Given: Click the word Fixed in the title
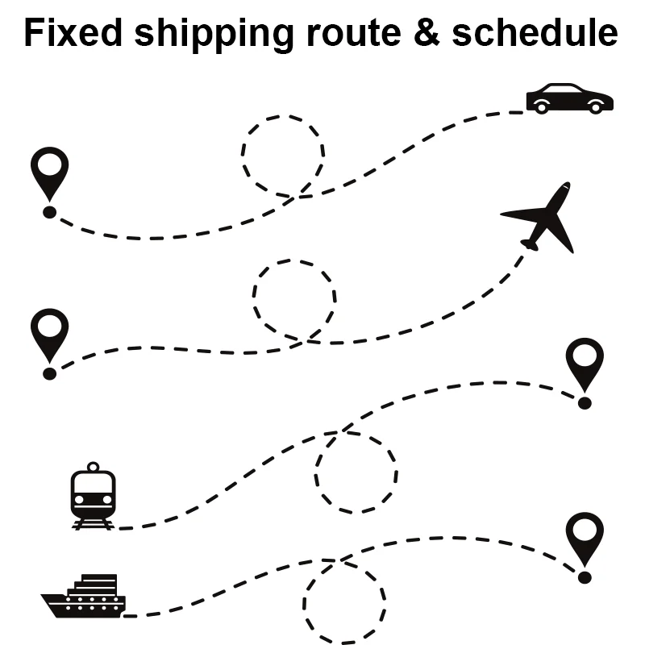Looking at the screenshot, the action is click(x=73, y=33).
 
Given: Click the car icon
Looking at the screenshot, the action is click(x=569, y=98).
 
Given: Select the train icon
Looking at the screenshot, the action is click(x=93, y=496).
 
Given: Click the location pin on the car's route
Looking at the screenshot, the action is click(x=49, y=173).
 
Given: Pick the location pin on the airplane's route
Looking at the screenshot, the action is click(x=49, y=335).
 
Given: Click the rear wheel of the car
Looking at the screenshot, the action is click(x=542, y=106).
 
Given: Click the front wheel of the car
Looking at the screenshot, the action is click(x=597, y=106).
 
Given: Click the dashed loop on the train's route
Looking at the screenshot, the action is click(x=356, y=472).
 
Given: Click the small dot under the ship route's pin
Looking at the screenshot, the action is click(x=585, y=577).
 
